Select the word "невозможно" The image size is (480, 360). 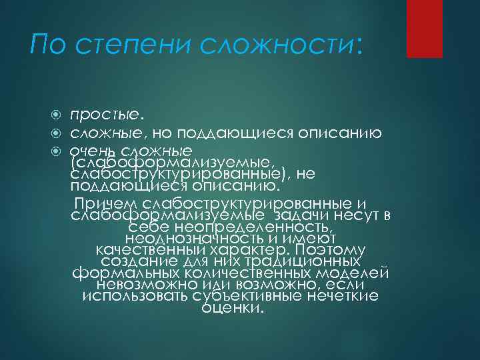141,285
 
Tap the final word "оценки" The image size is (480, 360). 231,309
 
